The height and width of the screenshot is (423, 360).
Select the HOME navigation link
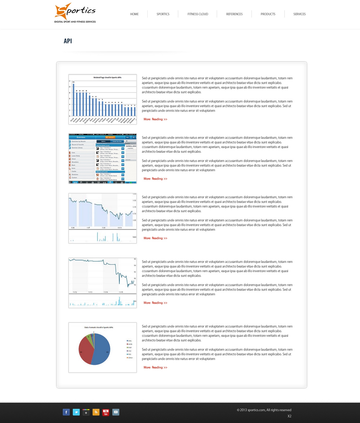coord(134,14)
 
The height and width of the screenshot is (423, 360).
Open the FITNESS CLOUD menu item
coord(198,14)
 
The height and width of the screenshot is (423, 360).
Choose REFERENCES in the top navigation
coord(234,14)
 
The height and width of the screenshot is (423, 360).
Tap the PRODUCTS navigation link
coord(268,14)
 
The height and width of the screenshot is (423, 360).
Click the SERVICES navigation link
coord(299,14)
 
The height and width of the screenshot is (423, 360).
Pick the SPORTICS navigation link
coord(163,14)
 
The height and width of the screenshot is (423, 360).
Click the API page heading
coord(68,41)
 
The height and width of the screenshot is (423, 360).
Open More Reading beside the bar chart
coord(155,119)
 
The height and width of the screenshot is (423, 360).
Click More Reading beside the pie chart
coord(155,367)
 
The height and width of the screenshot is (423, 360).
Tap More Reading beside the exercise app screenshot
coord(155,179)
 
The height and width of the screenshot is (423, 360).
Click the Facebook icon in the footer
coord(66,412)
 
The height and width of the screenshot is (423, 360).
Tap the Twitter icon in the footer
coord(76,412)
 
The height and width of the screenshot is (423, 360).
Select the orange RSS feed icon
coord(96,412)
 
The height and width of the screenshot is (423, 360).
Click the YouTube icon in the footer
coord(106,412)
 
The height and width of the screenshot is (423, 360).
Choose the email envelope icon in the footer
coord(116,412)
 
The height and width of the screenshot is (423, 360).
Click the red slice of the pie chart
coord(85,351)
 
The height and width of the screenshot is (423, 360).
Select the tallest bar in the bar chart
coord(74,99)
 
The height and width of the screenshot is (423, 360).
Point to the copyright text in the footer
coord(264,410)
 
